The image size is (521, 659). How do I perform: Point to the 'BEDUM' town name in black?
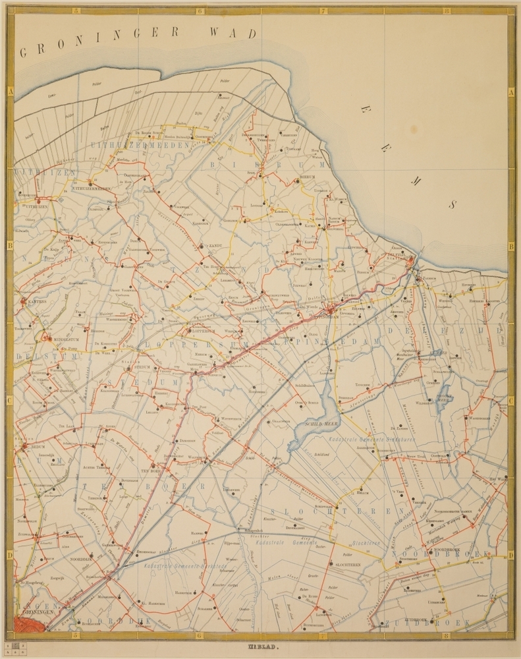39,446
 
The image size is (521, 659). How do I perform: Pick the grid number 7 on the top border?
322,11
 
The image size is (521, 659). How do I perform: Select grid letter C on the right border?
511,401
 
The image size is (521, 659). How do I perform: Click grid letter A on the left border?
10,93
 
